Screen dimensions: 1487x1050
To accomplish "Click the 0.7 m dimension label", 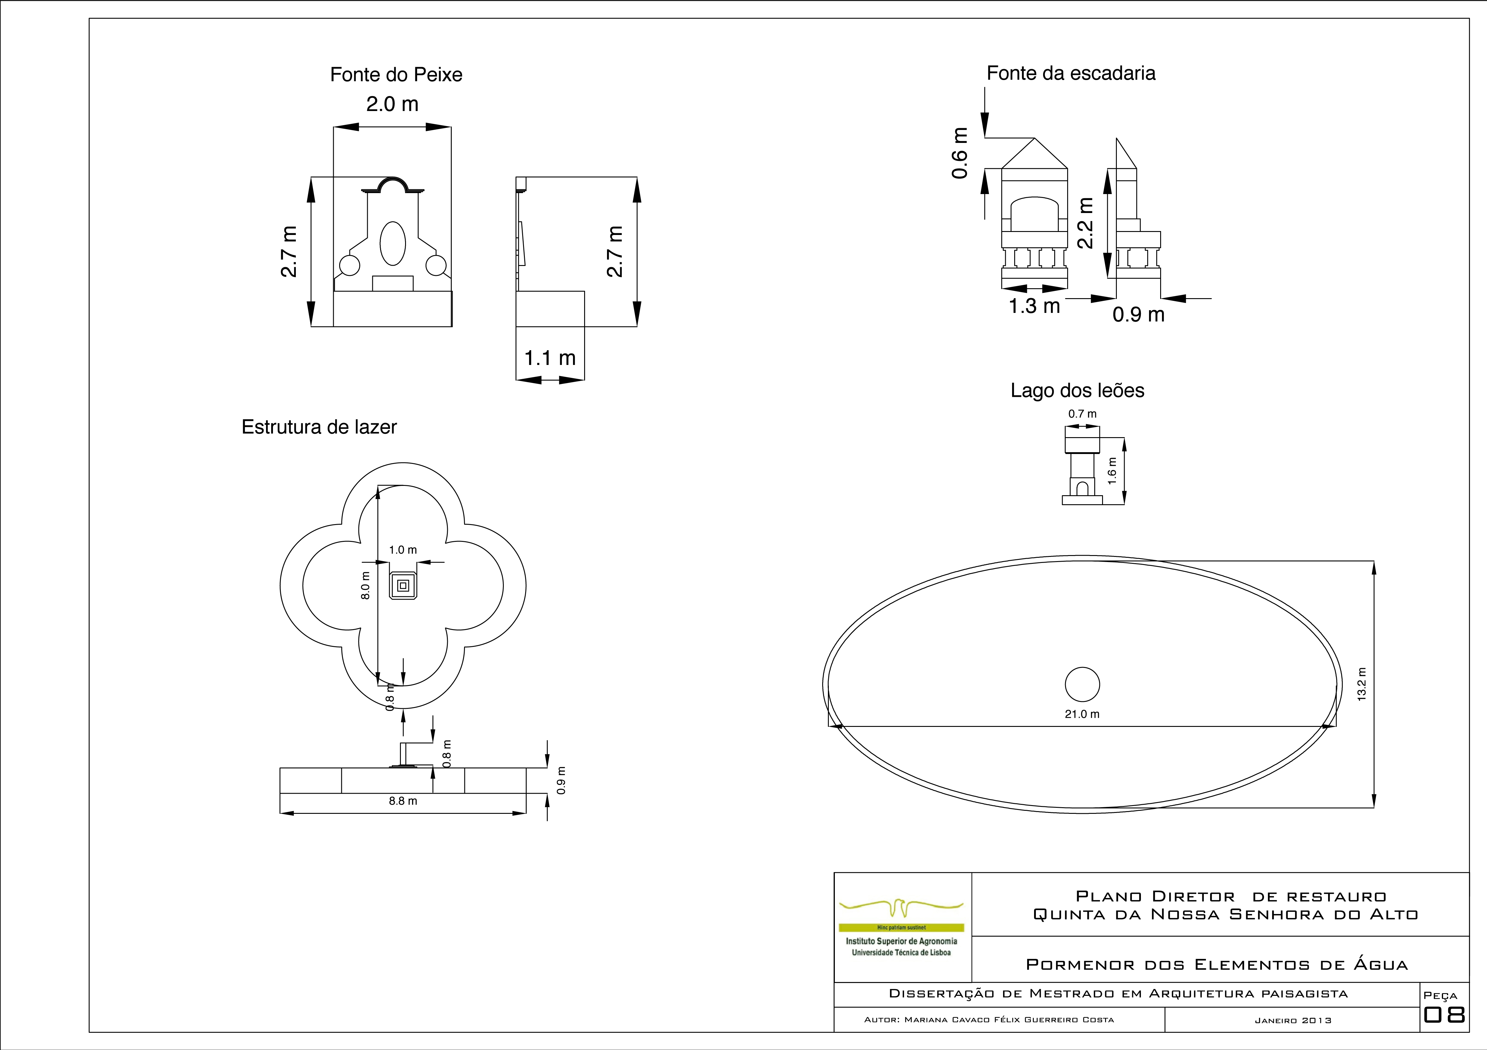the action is [x=1083, y=414].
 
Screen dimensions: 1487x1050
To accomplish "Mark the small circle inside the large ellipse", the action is [x=1082, y=684].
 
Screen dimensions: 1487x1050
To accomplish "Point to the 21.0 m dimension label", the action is [x=1082, y=714].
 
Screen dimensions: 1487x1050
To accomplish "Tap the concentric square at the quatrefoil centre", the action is [x=403, y=586].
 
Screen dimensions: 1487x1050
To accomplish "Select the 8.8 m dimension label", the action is [x=403, y=801].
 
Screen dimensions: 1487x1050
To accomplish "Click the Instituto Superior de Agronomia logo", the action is [x=902, y=927].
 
